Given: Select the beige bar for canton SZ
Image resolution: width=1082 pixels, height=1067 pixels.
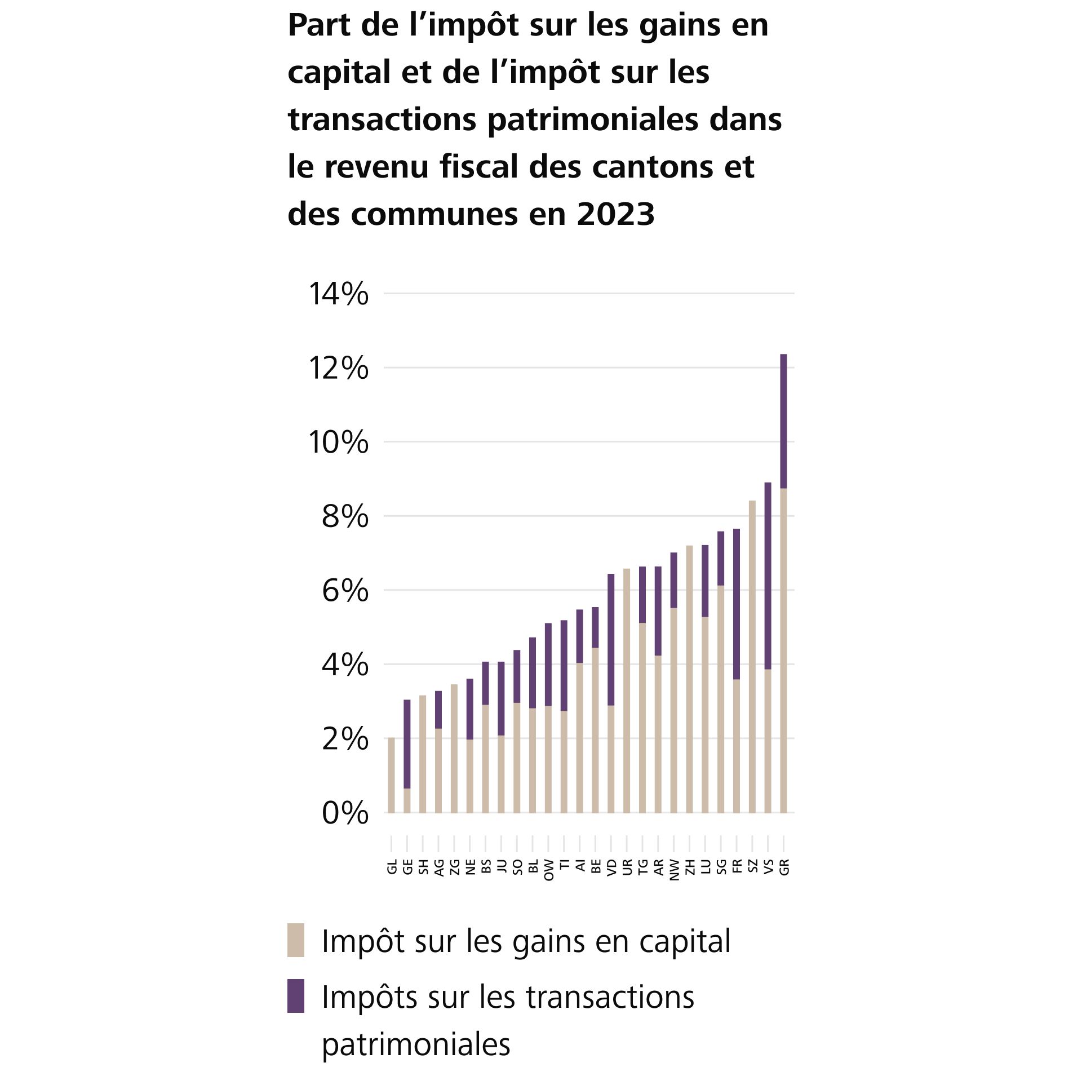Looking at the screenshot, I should point(752,656).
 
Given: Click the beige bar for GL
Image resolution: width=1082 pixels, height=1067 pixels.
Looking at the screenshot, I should point(391,774).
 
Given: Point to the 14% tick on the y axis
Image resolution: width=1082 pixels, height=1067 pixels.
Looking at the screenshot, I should point(338,294).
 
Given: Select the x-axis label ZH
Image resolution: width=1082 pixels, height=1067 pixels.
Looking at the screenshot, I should point(690,867).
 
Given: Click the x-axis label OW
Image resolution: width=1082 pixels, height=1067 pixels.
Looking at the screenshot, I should point(549,870).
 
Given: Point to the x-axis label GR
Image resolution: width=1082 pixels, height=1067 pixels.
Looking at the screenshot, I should point(784,867).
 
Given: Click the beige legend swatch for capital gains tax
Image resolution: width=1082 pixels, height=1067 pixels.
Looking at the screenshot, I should point(296,940).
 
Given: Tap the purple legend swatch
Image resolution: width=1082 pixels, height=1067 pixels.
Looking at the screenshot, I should point(296,995).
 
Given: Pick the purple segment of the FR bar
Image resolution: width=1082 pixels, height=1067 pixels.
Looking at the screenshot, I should point(737,604).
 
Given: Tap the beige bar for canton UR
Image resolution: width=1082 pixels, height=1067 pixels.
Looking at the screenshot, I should point(627,690).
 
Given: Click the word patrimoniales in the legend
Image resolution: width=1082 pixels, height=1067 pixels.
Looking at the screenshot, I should point(416,1043).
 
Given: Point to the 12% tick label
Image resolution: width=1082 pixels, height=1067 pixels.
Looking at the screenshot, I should point(338,369).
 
